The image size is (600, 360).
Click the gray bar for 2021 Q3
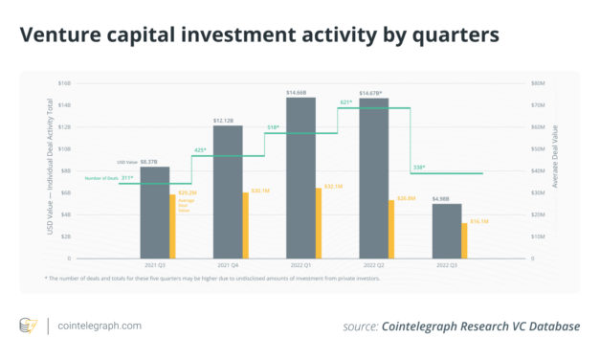(154, 212)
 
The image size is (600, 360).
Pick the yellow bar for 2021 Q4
(246, 225)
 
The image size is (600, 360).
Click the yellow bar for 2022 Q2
(391, 229)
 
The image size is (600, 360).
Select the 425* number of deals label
(201, 150)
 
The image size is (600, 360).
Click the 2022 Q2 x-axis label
(373, 264)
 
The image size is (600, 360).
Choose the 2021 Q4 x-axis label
(228, 264)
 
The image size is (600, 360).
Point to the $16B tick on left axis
(65, 83)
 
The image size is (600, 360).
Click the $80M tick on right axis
(538, 83)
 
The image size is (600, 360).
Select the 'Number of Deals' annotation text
(101, 178)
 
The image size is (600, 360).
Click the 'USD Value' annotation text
(127, 163)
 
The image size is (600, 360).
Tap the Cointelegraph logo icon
(29, 326)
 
